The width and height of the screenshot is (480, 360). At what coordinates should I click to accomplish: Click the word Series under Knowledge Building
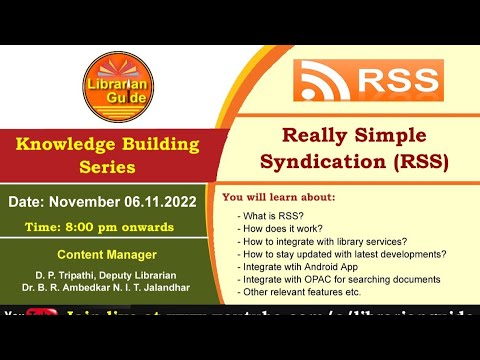(x=107, y=167)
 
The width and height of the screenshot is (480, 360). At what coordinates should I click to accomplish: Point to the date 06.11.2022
(x=158, y=201)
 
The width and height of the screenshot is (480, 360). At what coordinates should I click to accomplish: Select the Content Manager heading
(x=106, y=254)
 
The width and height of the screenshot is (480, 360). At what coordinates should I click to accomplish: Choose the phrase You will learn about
(x=279, y=197)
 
